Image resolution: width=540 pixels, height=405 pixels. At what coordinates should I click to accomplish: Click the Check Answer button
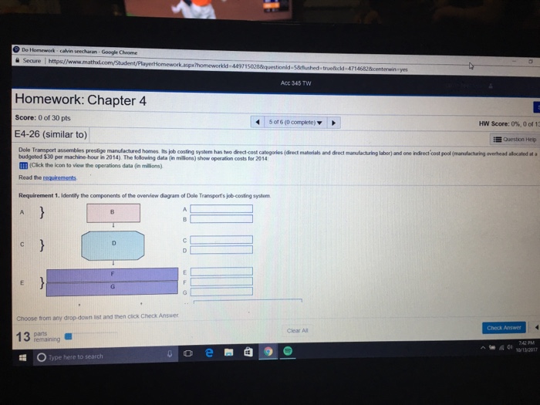pos(505,327)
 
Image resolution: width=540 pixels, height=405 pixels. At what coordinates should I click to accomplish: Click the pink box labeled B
pos(113,211)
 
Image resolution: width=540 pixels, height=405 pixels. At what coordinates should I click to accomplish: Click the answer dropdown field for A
pos(221,208)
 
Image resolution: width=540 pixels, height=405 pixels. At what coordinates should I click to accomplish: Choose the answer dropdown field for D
pos(221,249)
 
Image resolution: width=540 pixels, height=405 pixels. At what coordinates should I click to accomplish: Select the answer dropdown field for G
pos(221,291)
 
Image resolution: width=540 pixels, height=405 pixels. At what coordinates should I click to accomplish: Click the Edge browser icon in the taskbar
pos(208,352)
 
